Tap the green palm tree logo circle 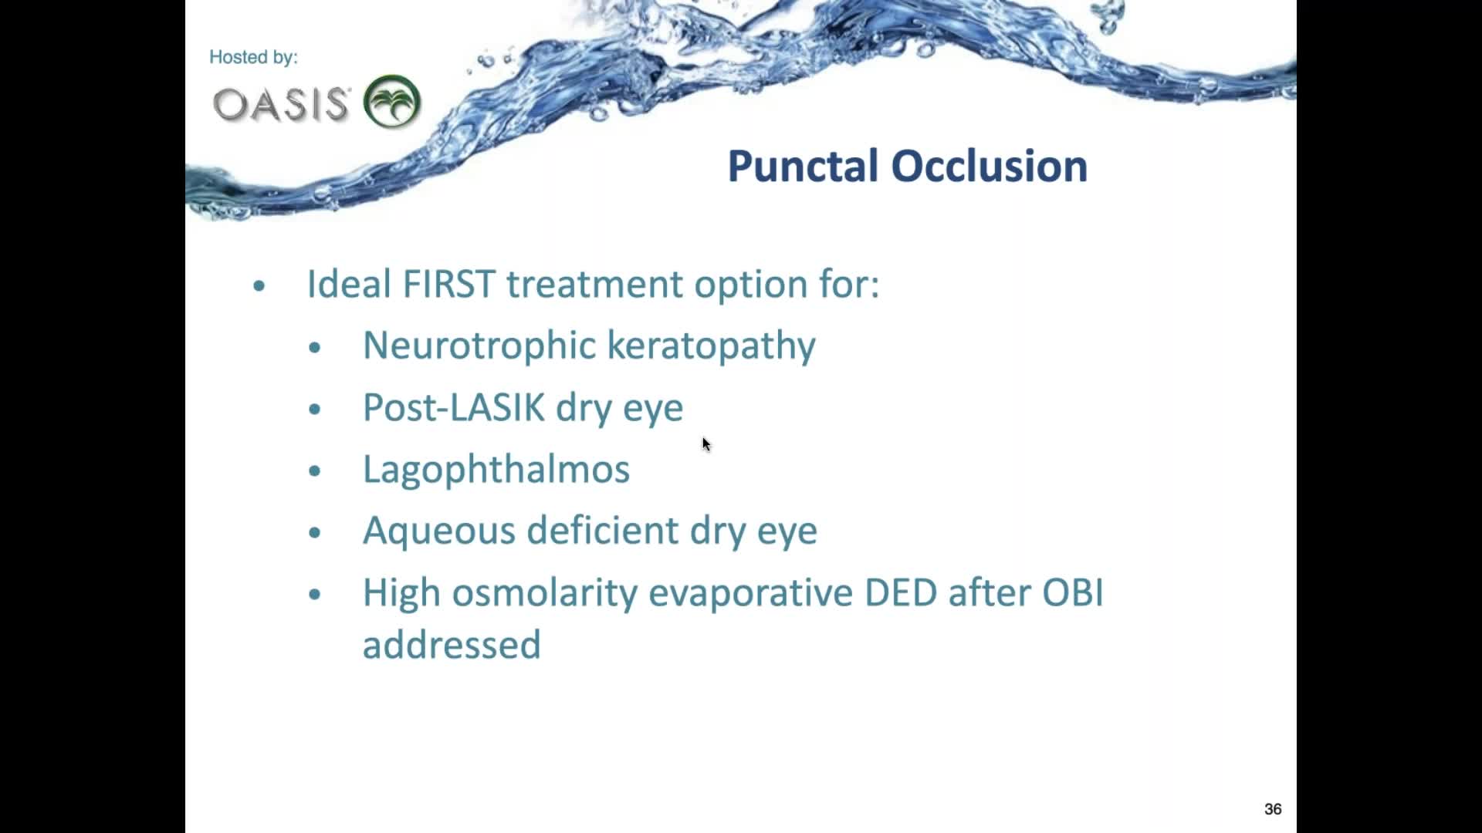(x=392, y=101)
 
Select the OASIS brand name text (x=281, y=104)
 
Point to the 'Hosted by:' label (x=253, y=57)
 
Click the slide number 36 (x=1273, y=809)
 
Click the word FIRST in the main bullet (x=448, y=284)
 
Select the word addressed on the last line (x=452, y=645)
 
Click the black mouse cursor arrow (x=705, y=444)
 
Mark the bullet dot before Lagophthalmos (x=314, y=471)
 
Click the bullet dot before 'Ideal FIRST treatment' (x=259, y=286)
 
